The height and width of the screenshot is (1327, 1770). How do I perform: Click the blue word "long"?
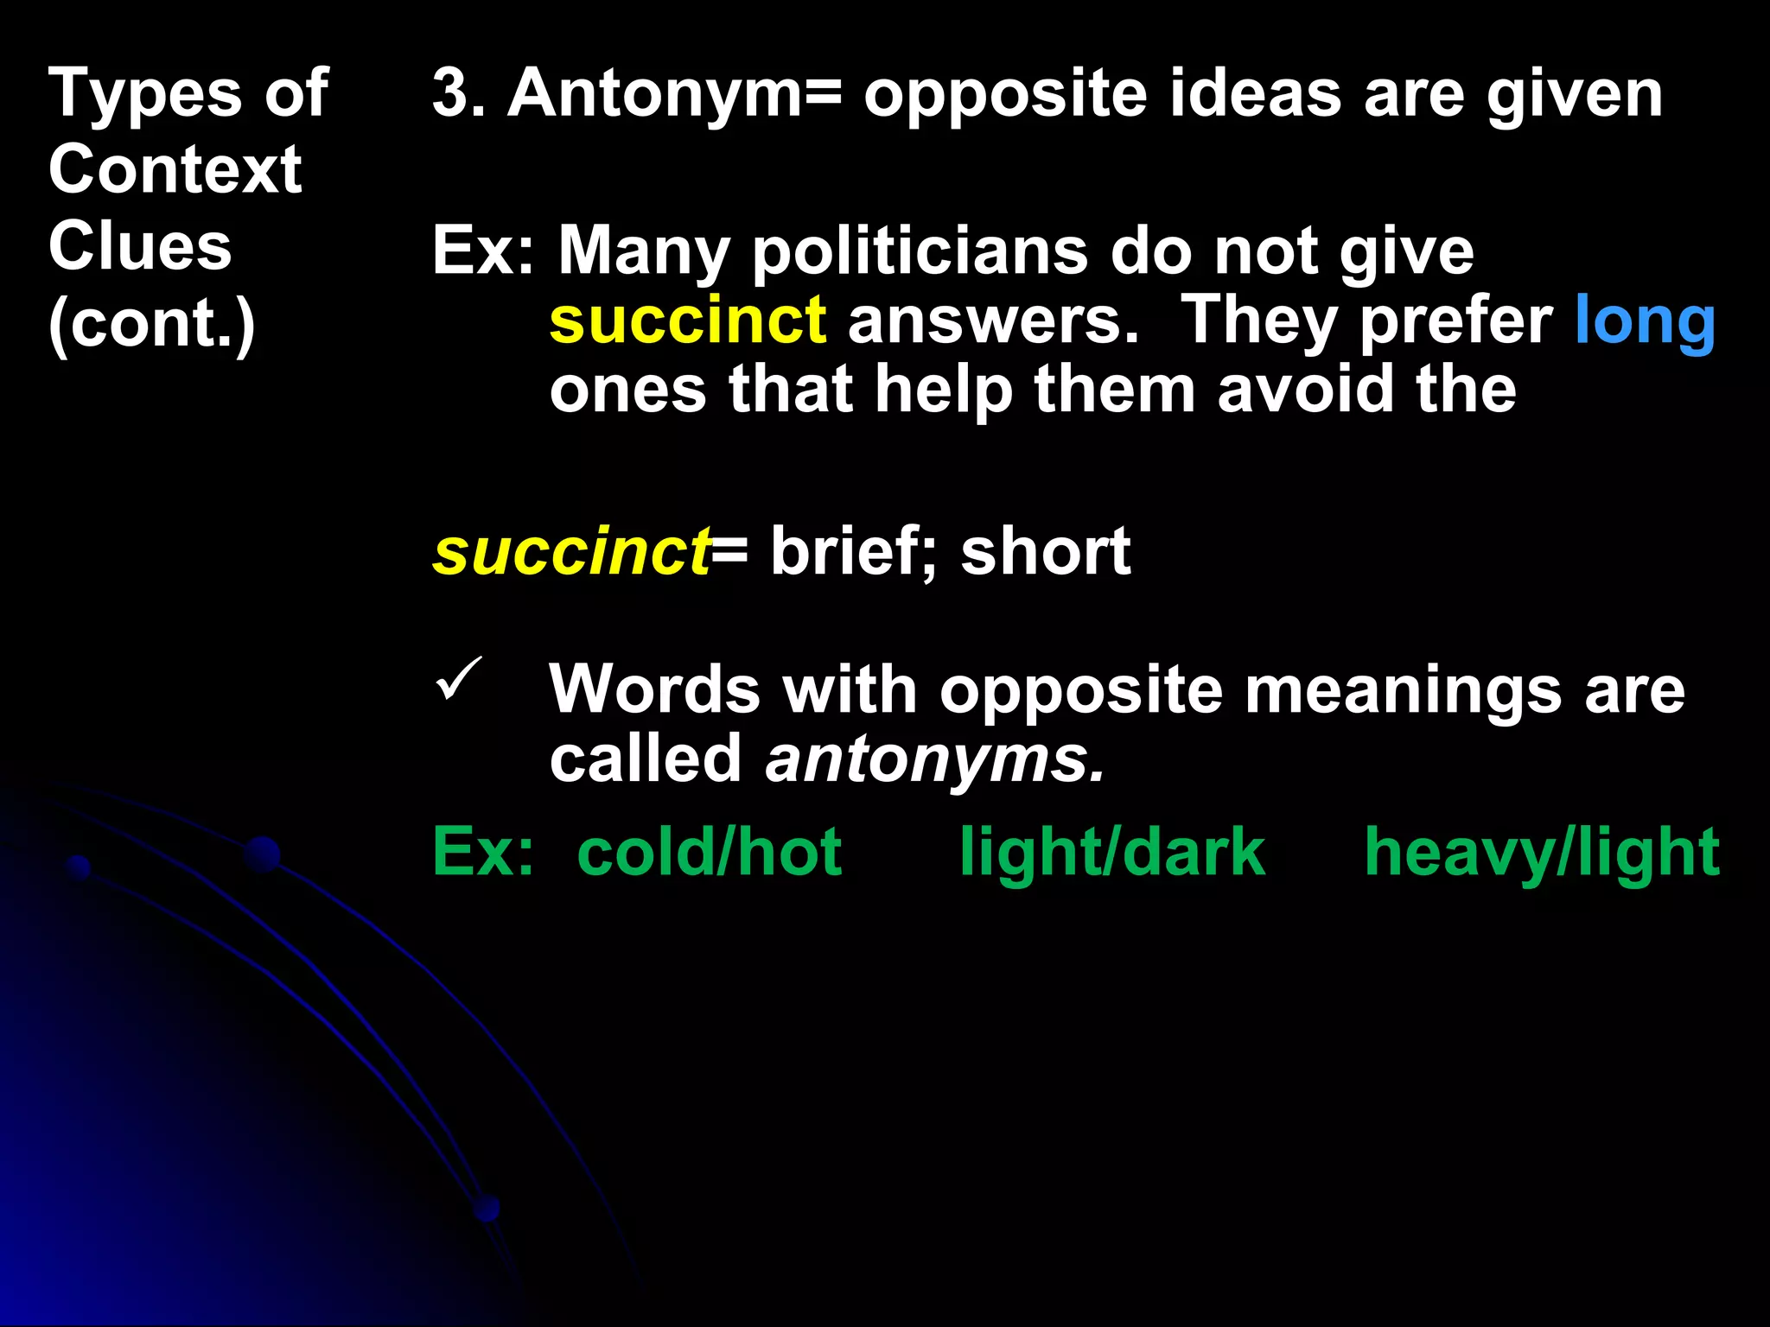coord(1645,321)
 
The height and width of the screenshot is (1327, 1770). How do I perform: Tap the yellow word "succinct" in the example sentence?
coord(688,320)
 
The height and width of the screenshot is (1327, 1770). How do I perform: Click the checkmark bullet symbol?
coord(458,679)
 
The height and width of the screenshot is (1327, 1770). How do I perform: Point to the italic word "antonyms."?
coord(935,759)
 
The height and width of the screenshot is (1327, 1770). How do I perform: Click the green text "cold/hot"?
coord(709,853)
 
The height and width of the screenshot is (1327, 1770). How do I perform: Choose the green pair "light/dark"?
coord(1112,853)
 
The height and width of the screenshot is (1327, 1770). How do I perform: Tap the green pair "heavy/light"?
coord(1542,853)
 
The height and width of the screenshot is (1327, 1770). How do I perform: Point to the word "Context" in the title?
coord(175,169)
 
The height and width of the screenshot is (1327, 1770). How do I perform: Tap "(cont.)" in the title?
coord(152,324)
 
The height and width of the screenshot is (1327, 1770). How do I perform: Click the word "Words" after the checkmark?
coord(654,690)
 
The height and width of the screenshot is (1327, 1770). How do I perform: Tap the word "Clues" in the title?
coord(140,246)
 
